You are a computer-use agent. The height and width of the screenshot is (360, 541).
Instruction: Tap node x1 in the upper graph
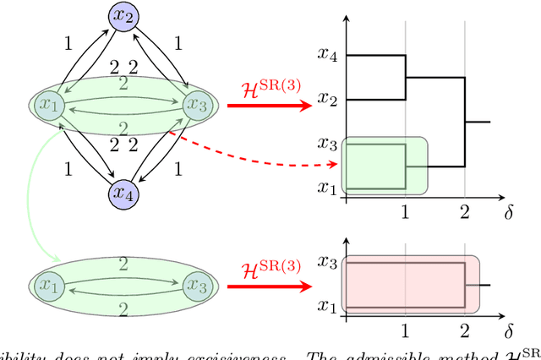click(x=50, y=104)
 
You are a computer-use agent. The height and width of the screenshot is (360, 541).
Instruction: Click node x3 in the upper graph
click(x=199, y=104)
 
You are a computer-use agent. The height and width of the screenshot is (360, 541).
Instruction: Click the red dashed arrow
click(x=254, y=152)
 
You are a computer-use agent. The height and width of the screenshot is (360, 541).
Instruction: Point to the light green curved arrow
click(x=32, y=194)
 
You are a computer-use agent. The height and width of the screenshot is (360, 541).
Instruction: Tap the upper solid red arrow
click(x=270, y=106)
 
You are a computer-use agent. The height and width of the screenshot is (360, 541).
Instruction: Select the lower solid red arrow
click(x=270, y=284)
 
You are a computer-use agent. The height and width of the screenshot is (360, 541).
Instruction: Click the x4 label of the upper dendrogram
click(x=328, y=55)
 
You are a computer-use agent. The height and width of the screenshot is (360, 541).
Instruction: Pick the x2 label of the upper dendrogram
click(x=328, y=100)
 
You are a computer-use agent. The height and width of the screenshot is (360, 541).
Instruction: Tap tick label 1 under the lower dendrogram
click(x=406, y=330)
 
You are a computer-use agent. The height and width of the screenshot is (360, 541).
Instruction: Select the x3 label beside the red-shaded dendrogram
click(x=328, y=263)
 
